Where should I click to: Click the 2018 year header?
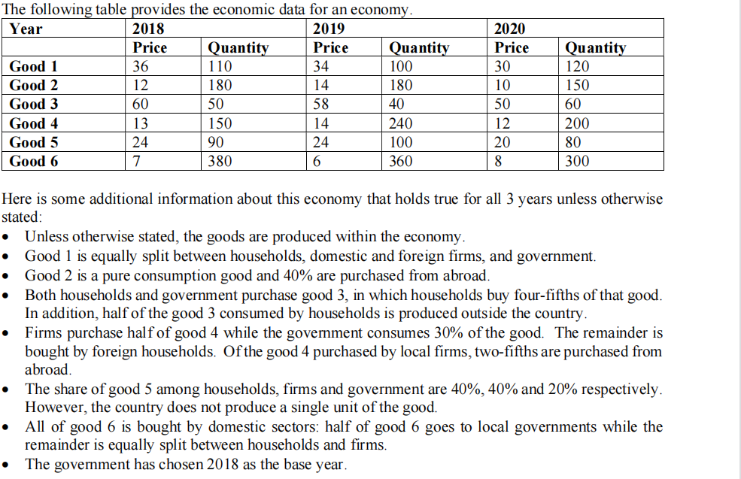click(148, 29)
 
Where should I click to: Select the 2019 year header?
click(329, 29)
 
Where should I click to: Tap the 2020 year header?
click(510, 29)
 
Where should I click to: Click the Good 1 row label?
click(33, 67)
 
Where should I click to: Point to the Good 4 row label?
click(33, 123)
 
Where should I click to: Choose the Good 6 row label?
click(33, 161)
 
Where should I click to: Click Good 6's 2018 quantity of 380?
click(220, 161)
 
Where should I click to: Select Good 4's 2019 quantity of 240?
click(401, 123)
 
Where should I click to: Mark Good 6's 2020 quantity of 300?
click(577, 161)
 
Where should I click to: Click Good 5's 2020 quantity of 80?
click(573, 142)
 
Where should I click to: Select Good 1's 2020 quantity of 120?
click(577, 67)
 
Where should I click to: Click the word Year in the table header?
click(26, 29)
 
